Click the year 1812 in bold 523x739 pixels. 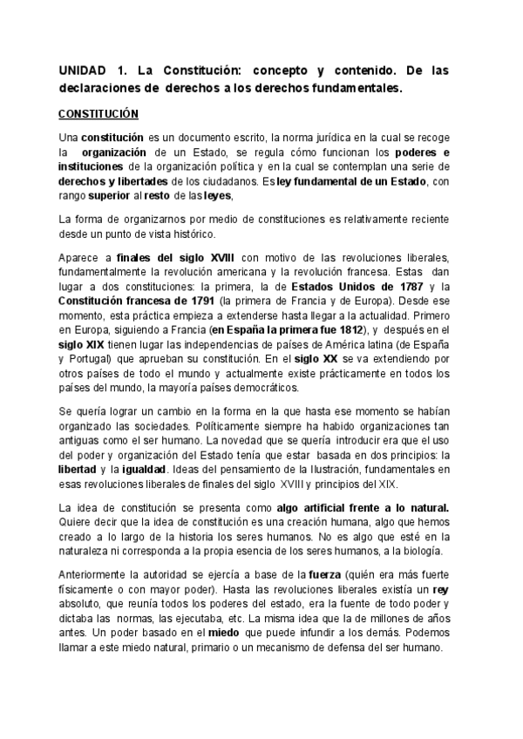[347, 353]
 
